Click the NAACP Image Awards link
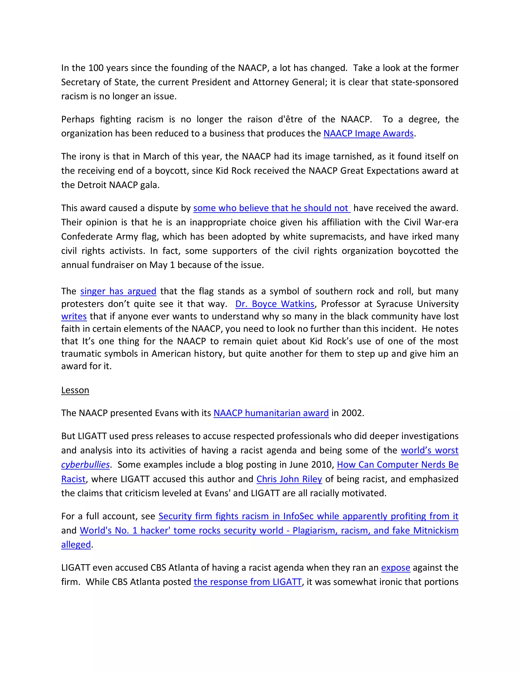[368, 133]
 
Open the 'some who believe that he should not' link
[271, 208]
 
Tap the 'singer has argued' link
[118, 291]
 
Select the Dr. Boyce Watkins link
[274, 304]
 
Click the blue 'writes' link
[74, 316]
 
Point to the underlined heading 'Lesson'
[75, 390]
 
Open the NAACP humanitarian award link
[271, 413]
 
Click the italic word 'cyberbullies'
[85, 465]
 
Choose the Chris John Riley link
[289, 479]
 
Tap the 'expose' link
[396, 568]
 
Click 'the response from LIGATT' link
[247, 582]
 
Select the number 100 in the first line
[96, 68]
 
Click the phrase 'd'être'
[290, 119]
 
